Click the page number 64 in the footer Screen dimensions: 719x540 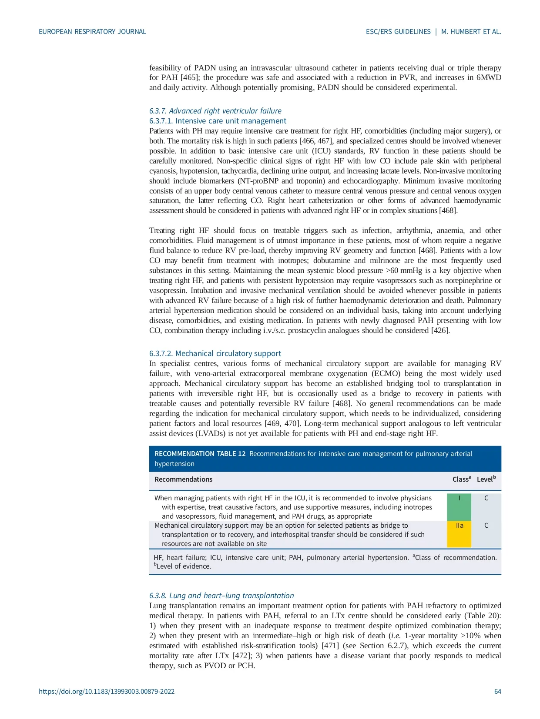click(x=497, y=691)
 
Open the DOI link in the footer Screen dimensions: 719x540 click(x=107, y=691)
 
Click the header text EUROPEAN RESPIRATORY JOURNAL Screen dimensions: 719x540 click(x=92, y=32)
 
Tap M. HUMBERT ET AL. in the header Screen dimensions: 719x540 click(x=471, y=32)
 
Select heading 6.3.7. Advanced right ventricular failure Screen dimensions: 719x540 click(x=215, y=111)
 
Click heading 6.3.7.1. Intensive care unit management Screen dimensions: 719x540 click(x=218, y=121)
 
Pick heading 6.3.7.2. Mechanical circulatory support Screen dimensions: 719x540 click(x=215, y=353)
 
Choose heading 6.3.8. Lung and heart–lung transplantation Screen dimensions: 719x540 click(x=221, y=596)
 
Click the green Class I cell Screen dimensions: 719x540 click(x=459, y=506)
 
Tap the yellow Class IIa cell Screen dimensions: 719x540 click(x=459, y=534)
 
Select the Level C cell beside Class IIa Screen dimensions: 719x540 click(x=486, y=526)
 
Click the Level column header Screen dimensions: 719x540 click(x=486, y=479)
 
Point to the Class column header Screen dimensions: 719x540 click(x=461, y=479)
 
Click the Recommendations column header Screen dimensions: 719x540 click(x=183, y=479)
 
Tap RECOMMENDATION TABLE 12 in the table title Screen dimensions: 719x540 click(x=200, y=454)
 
